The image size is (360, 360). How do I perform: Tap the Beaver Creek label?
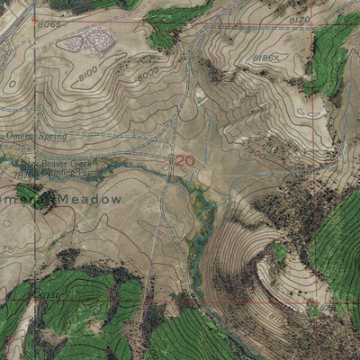(x=63, y=165)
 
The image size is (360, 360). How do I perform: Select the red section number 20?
(x=184, y=160)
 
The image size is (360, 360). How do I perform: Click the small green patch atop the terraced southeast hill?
(x=281, y=253)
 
